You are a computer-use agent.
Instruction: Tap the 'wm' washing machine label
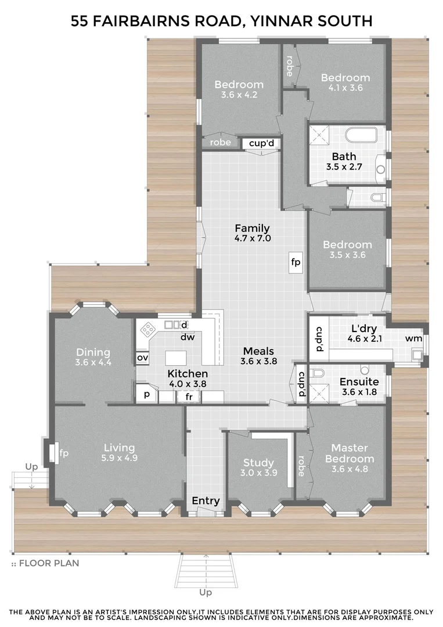click(x=413, y=338)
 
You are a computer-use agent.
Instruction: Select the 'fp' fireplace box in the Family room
click(x=296, y=262)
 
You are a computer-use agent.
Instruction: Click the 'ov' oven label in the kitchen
click(x=142, y=358)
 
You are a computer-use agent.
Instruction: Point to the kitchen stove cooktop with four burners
click(x=149, y=330)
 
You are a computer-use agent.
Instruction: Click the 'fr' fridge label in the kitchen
click(x=189, y=397)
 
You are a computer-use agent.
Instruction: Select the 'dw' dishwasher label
click(x=187, y=337)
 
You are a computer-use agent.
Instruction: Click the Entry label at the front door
click(x=206, y=501)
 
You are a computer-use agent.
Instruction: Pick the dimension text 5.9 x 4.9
click(x=119, y=457)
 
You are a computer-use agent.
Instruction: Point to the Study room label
click(x=258, y=463)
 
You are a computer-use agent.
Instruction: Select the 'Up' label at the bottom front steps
click(x=205, y=593)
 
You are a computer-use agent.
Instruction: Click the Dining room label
click(x=93, y=352)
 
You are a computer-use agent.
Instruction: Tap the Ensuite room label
click(x=359, y=382)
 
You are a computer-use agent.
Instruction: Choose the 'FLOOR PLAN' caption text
click(x=49, y=563)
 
